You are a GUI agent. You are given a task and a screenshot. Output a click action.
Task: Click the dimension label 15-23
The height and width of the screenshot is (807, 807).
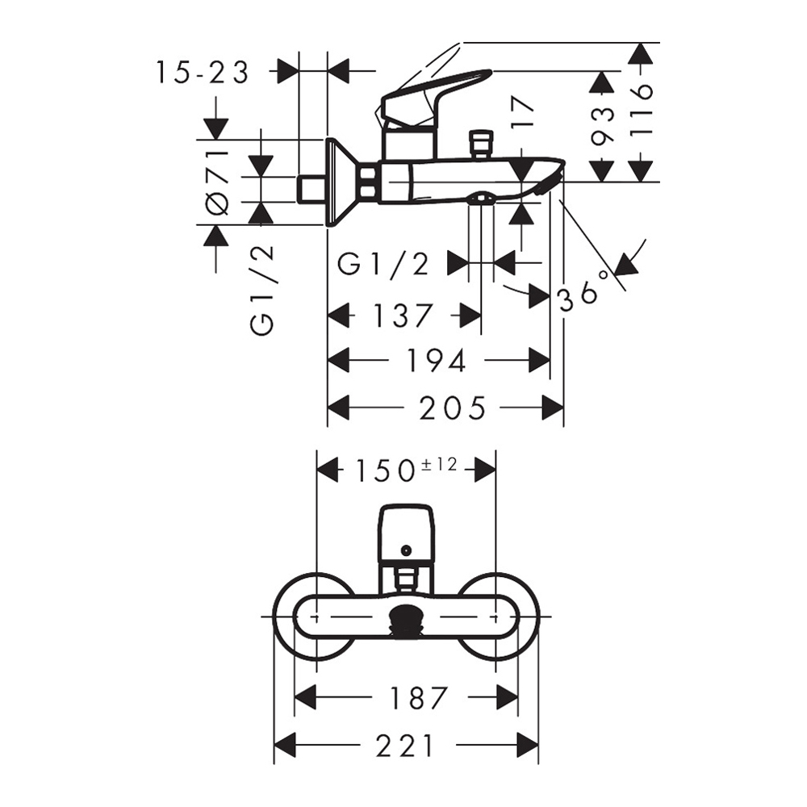coord(203,73)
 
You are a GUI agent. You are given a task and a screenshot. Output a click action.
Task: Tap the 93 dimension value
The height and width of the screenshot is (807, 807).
coord(602,126)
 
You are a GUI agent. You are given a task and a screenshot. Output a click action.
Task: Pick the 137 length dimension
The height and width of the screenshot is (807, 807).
coord(404,315)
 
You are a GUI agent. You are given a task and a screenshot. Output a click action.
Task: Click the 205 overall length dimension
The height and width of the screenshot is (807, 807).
coord(453,408)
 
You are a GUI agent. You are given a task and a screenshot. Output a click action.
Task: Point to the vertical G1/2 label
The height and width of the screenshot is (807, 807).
coord(263,291)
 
